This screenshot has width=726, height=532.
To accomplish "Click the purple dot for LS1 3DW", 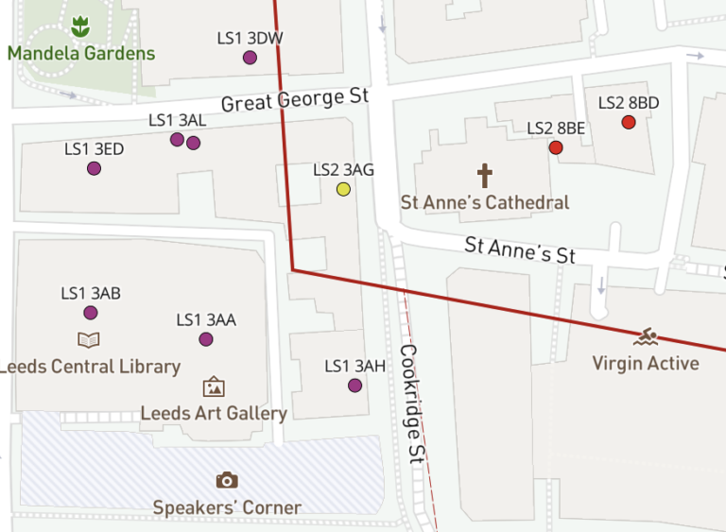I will click(x=250, y=58).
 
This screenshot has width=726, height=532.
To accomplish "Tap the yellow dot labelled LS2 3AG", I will click(x=343, y=189).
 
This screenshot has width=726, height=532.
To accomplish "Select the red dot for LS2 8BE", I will click(x=556, y=147).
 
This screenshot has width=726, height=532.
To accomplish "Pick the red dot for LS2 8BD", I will click(x=629, y=122).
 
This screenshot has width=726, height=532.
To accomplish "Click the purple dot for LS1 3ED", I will click(x=94, y=168).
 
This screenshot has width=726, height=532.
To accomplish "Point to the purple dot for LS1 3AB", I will click(x=91, y=313).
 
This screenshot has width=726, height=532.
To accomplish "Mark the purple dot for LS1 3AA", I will click(x=206, y=339).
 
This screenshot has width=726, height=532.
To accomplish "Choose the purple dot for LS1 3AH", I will click(x=354, y=386).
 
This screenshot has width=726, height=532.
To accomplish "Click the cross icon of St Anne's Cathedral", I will click(x=485, y=175).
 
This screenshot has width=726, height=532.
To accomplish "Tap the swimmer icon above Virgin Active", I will click(x=647, y=337).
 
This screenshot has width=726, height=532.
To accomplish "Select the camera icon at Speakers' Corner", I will click(x=227, y=480).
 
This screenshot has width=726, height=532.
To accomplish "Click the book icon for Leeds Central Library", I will click(x=89, y=340).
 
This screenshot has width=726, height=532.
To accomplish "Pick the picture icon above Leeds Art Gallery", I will click(x=214, y=386).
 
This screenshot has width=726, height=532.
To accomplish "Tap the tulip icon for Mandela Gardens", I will click(x=80, y=27).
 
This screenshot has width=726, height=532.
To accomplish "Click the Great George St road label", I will click(x=294, y=97).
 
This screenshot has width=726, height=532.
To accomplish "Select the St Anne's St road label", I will click(x=520, y=250).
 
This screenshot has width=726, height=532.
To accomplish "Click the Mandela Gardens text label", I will click(x=81, y=53).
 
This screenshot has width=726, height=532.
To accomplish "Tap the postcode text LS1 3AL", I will click(x=178, y=120).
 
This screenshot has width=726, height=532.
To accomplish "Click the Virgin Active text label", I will click(x=646, y=363).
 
